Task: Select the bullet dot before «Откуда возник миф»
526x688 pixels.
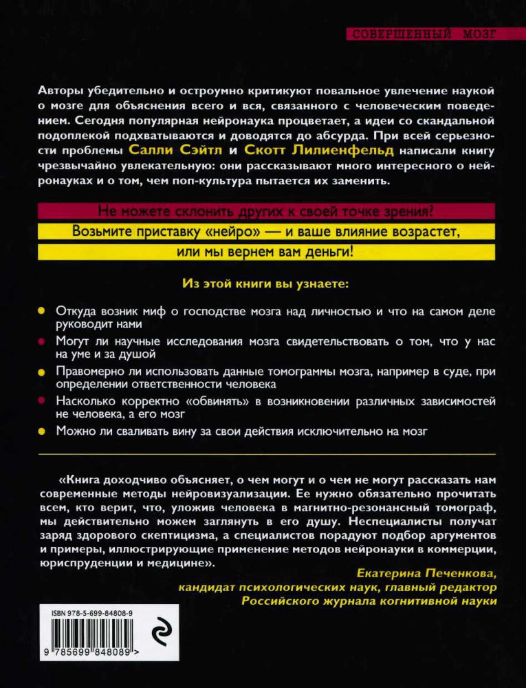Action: click(x=41, y=311)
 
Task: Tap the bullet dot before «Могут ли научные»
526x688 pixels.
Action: click(x=41, y=341)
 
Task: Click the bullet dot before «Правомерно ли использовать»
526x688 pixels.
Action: click(x=41, y=372)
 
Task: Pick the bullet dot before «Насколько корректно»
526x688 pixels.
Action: click(x=41, y=401)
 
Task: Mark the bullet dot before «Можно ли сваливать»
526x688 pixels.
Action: click(x=41, y=431)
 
